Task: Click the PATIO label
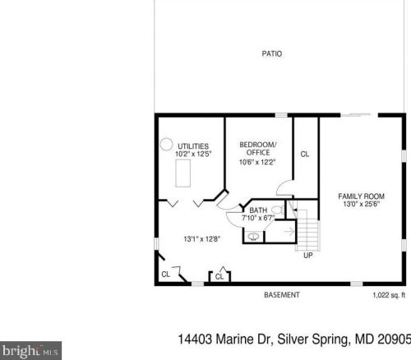[272, 53]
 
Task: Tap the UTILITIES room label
[193, 146]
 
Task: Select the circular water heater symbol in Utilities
[166, 144]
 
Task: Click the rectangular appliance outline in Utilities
[182, 173]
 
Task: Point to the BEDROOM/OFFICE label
[258, 149]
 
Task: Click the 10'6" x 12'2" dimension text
[257, 162]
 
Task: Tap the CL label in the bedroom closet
[305, 155]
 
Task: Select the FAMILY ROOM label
[361, 196]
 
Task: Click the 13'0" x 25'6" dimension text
[361, 204]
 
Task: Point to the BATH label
[258, 210]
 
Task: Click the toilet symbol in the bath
[278, 210]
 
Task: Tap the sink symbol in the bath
[254, 237]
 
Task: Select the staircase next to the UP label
[307, 230]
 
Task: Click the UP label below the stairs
[308, 256]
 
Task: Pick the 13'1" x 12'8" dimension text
[202, 239]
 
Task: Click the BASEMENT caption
[282, 295]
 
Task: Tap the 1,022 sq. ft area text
[389, 295]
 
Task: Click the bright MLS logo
[30, 351]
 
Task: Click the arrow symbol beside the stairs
[289, 232]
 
